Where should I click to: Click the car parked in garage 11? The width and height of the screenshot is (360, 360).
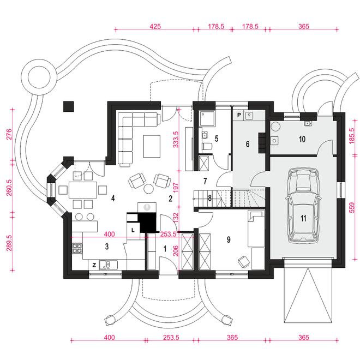click(x=303, y=206)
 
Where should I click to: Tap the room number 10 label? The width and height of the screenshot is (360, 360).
click(x=302, y=139)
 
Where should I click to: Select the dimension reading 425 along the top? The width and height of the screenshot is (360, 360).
click(x=155, y=26)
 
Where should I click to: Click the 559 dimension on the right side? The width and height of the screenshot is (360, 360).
click(x=351, y=207)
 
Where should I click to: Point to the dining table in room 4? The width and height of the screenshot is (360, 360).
click(x=83, y=190)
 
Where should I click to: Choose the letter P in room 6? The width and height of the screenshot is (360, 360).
click(x=239, y=115)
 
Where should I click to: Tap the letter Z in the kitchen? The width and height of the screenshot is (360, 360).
click(x=94, y=265)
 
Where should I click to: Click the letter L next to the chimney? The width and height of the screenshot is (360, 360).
click(x=133, y=230)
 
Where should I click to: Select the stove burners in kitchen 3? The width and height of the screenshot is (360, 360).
click(x=77, y=248)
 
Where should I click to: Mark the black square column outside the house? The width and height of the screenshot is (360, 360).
click(x=68, y=106)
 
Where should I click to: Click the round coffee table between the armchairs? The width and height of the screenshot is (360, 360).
click(x=149, y=189)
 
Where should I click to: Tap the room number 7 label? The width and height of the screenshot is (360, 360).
click(x=205, y=181)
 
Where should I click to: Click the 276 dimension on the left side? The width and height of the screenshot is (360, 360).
click(x=9, y=134)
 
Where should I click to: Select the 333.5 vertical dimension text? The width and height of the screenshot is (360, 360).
click(x=176, y=139)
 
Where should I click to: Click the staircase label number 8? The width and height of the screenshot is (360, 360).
click(x=209, y=198)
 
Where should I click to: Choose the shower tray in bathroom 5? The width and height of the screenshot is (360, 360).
click(x=207, y=118)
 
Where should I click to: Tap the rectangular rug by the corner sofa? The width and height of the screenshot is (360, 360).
click(x=152, y=146)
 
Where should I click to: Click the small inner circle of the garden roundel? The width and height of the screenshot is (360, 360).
click(x=39, y=77)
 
